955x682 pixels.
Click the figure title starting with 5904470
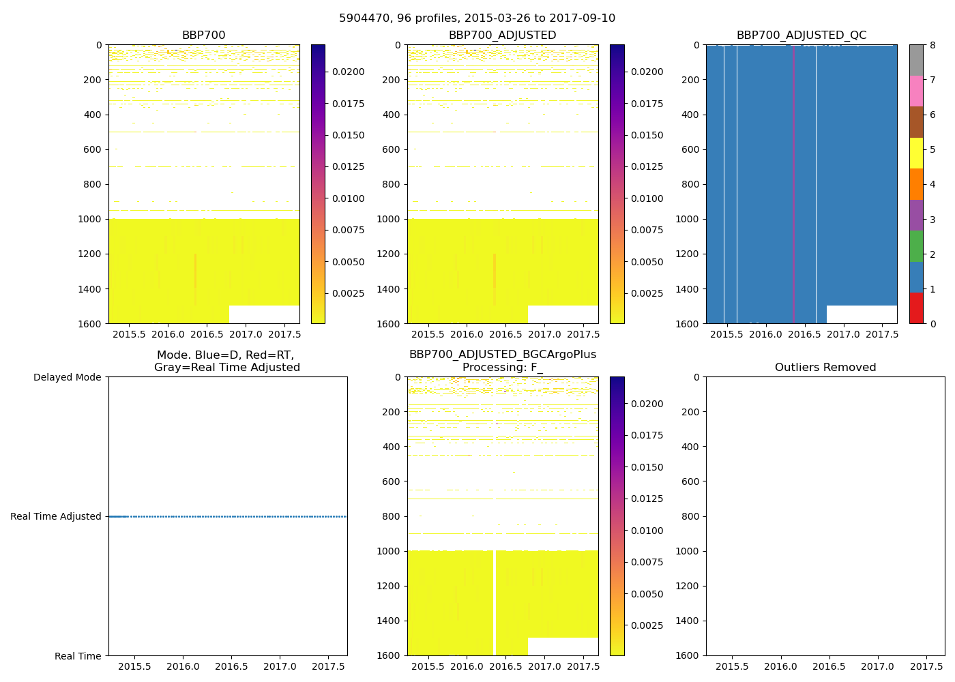[x=477, y=18]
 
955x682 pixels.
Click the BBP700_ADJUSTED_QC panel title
[x=801, y=35]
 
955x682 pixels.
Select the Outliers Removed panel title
[x=825, y=368]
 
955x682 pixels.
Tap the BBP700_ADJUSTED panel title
[x=502, y=35]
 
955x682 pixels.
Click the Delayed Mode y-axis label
[x=67, y=377]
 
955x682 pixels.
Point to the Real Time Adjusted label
[x=56, y=516]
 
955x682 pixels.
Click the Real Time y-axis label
[x=78, y=656]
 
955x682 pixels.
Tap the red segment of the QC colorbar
[x=916, y=308]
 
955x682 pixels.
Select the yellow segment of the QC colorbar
[x=916, y=153]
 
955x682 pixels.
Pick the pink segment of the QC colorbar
[x=916, y=91]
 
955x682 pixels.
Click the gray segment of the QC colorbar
[x=916, y=60]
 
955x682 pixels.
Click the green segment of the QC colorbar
[x=916, y=246]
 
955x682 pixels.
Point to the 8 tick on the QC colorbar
[x=932, y=46]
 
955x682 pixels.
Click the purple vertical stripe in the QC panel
[x=793, y=184]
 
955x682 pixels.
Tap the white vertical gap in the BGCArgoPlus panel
[x=494, y=600]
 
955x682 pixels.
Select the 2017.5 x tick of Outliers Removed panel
[x=926, y=666]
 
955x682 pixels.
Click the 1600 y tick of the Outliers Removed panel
[x=690, y=655]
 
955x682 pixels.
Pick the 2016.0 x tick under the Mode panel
[x=183, y=666]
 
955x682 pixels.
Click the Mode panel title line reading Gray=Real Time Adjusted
[x=226, y=368]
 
